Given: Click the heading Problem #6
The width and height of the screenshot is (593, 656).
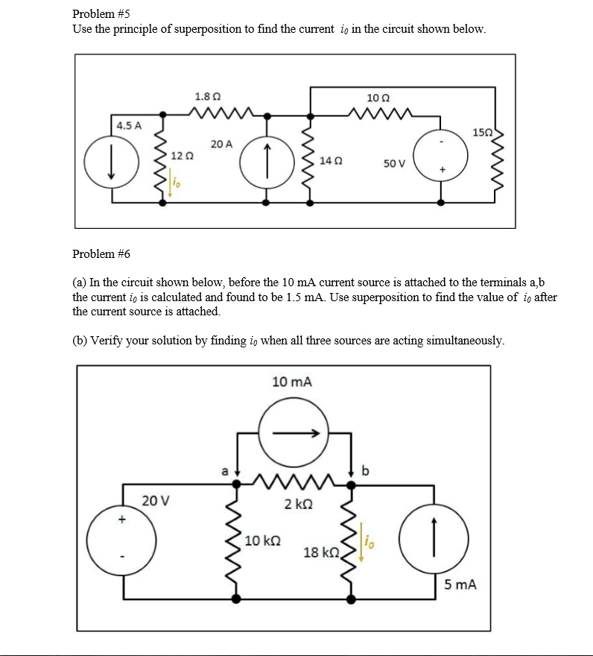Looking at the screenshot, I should click(x=101, y=253).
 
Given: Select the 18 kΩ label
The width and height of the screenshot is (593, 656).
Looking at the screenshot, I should click(x=321, y=552).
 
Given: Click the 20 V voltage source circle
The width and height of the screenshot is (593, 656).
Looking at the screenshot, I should click(x=121, y=536).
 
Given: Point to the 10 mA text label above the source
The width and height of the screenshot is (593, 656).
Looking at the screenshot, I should click(x=292, y=382).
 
